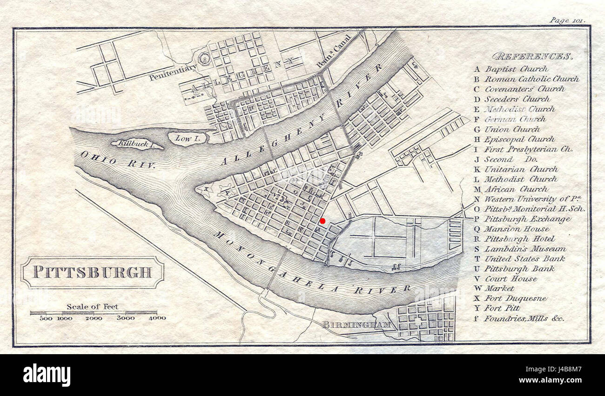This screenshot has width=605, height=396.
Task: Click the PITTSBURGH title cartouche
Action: (92, 272)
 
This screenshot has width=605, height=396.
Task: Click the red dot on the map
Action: (323, 221)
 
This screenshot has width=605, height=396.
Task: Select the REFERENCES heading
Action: (531, 57)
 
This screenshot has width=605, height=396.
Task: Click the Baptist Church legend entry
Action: (510, 69)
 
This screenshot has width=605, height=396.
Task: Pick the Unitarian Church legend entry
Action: (521, 169)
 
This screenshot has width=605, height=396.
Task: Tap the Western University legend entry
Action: (531, 199)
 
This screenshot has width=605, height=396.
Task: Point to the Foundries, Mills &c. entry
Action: (523, 318)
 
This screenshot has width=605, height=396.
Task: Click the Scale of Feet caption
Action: (92, 307)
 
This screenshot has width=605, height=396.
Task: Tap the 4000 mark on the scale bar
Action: (157, 318)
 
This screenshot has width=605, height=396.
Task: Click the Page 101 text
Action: (566, 20)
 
